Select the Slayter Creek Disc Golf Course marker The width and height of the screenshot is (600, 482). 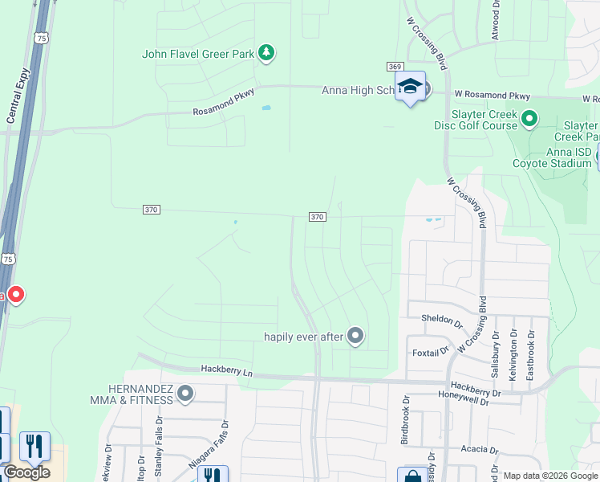coord(529,120)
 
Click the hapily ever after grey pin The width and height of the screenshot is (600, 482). coord(355,336)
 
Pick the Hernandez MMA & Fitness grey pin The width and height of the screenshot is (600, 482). coord(186,394)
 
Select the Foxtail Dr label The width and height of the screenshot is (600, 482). coord(430,352)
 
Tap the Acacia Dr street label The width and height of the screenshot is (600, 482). coord(474,450)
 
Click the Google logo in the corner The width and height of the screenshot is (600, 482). coord(26,472)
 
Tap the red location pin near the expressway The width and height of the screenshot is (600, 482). coord(15,296)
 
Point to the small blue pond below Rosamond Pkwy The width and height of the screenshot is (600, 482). coord(266,108)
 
